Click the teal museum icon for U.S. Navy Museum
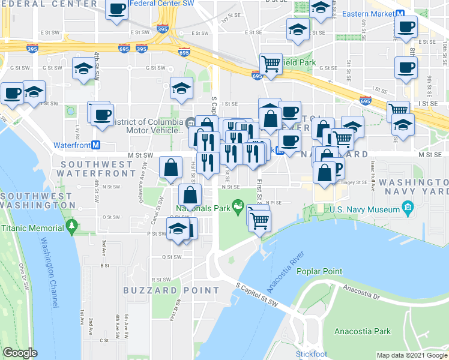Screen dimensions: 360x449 [x=409, y=209]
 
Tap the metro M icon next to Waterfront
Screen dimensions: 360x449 [x=95, y=145]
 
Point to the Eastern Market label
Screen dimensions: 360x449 [x=368, y=13]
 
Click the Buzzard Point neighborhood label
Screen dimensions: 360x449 [x=171, y=290]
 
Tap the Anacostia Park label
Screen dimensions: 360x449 [x=363, y=331]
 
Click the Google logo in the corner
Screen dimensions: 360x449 [x=20, y=353]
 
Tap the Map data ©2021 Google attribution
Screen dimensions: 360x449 [x=411, y=355]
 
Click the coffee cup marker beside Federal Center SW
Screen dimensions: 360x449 [x=118, y=10]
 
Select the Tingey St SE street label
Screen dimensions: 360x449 [x=354, y=182]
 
